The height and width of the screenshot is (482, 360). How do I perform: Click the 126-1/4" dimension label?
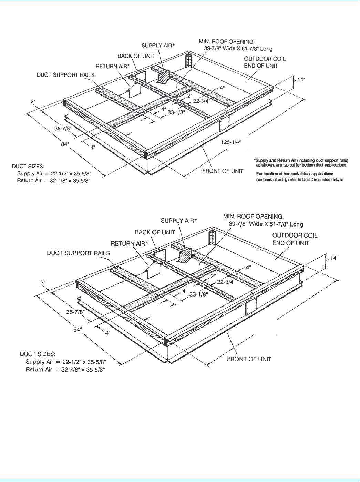pyautogui.click(x=231, y=142)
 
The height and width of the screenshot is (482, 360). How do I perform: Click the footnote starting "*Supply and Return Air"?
pyautogui.click(x=301, y=162)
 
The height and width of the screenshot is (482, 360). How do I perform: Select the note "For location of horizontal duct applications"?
pyautogui.click(x=295, y=174)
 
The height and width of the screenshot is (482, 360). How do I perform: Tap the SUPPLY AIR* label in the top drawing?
pyautogui.click(x=158, y=46)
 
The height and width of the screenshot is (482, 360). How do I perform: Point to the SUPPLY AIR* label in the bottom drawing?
pyautogui.click(x=179, y=221)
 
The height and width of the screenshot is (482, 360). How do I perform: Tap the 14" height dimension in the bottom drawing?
pyautogui.click(x=334, y=258)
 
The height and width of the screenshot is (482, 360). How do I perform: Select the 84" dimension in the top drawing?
pyautogui.click(x=65, y=144)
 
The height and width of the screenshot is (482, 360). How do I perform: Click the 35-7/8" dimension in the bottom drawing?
pyautogui.click(x=75, y=312)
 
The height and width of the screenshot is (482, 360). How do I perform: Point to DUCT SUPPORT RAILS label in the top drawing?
pyautogui.click(x=65, y=75)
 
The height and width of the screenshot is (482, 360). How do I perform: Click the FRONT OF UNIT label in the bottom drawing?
pyautogui.click(x=249, y=359)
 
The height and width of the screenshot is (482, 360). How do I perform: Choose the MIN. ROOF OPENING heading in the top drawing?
pyautogui.click(x=227, y=42)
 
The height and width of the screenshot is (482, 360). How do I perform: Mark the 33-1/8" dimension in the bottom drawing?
pyautogui.click(x=198, y=294)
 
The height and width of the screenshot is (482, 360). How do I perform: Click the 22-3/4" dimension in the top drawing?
pyautogui.click(x=202, y=101)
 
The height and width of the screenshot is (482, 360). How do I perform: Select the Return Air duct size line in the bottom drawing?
pyautogui.click(x=65, y=370)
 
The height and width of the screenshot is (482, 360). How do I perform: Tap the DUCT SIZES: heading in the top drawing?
pyautogui.click(x=28, y=167)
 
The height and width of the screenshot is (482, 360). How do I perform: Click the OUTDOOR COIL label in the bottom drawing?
pyautogui.click(x=295, y=235)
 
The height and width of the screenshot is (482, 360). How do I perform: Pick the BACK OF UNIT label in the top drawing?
pyautogui.click(x=136, y=56)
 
